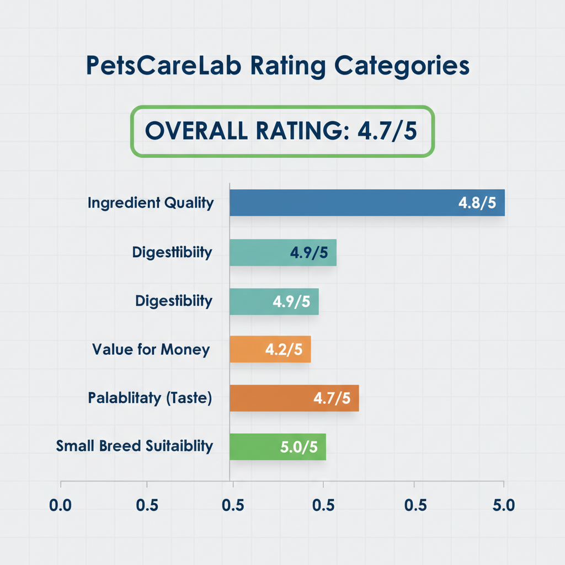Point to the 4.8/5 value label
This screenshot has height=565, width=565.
477,202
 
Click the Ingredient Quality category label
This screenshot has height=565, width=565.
151,202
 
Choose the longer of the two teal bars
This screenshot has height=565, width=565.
283,253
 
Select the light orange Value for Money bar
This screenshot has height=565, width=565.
270,349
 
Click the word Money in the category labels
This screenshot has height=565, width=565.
186,349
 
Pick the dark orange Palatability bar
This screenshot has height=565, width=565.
294,398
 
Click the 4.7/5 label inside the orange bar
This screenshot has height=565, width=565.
332,398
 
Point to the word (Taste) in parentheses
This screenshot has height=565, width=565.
189,398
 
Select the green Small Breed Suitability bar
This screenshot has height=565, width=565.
278,446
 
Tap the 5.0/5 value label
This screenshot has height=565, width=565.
299,446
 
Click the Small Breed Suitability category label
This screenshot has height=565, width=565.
135,446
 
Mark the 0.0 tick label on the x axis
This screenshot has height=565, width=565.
61,505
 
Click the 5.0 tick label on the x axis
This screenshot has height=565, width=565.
503,505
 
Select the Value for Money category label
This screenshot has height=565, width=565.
151,349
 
